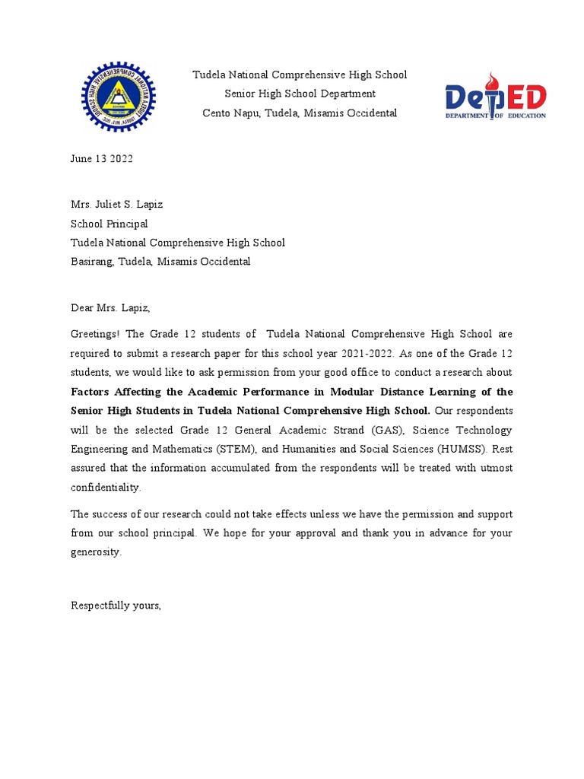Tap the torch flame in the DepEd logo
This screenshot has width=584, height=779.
point(493,80)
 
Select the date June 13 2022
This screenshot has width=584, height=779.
point(101,159)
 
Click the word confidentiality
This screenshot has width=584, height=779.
point(106,487)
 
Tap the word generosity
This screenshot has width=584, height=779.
point(96,552)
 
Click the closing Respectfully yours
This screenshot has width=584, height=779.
point(116,606)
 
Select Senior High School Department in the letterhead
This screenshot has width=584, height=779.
point(300,94)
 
